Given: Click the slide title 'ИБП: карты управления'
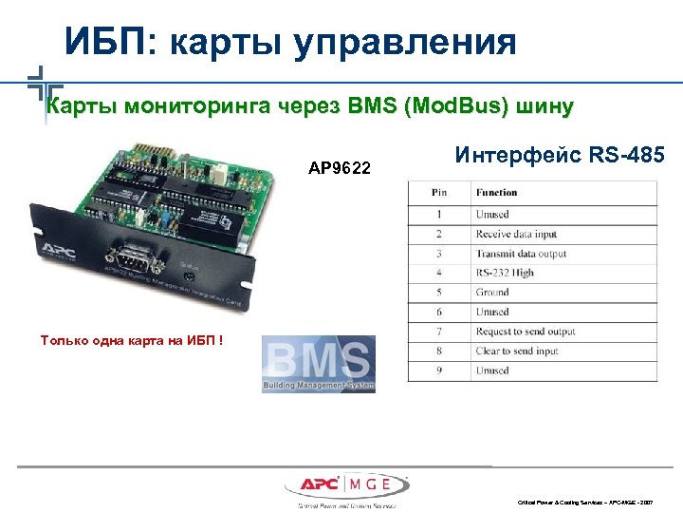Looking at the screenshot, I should point(290,43).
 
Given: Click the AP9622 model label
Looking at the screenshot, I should point(340,169).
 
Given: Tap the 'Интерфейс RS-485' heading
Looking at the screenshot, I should point(560,155).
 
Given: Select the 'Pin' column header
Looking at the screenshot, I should point(439,193).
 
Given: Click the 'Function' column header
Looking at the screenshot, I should point(497,193).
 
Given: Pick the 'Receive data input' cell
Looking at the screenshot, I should point(517,234).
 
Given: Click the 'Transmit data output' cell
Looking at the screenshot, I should point(521,254).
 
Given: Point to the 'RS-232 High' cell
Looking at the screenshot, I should point(505,273).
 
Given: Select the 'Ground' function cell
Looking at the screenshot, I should point(492,293).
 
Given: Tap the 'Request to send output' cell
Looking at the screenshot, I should point(526,332).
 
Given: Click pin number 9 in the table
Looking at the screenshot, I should point(439,370).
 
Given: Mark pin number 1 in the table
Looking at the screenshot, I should point(439,215).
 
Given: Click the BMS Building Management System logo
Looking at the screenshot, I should point(318,363).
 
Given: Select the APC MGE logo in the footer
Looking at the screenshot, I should point(345,484).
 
